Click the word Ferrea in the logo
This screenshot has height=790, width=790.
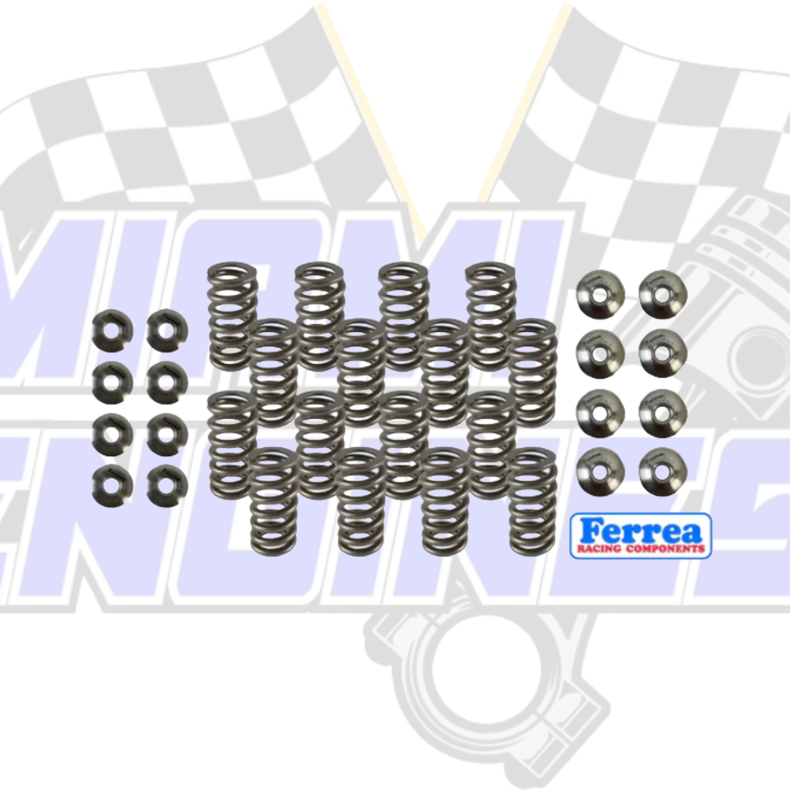[x=640, y=531]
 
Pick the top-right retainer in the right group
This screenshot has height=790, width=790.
[x=663, y=294]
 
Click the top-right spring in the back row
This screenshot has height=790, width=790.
[x=490, y=315]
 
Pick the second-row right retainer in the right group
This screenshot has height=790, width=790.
[x=663, y=353]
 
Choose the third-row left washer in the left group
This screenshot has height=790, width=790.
[x=112, y=434]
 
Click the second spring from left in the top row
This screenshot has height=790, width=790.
[x=319, y=315]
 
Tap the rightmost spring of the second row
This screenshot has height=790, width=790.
[x=532, y=372]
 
